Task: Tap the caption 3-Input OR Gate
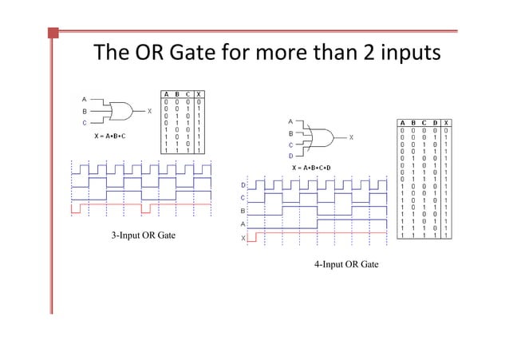tap(143, 235)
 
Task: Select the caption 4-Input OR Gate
tap(345, 264)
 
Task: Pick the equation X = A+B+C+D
tap(311, 168)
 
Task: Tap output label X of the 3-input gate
tap(150, 112)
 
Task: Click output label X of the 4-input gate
tap(352, 136)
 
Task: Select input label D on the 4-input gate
tap(291, 156)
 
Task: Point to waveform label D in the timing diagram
tap(243, 185)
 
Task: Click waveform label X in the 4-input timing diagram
tap(243, 238)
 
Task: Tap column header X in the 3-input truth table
tap(197, 94)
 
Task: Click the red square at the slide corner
tap(53, 33)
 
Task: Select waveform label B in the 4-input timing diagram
tap(243, 211)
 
